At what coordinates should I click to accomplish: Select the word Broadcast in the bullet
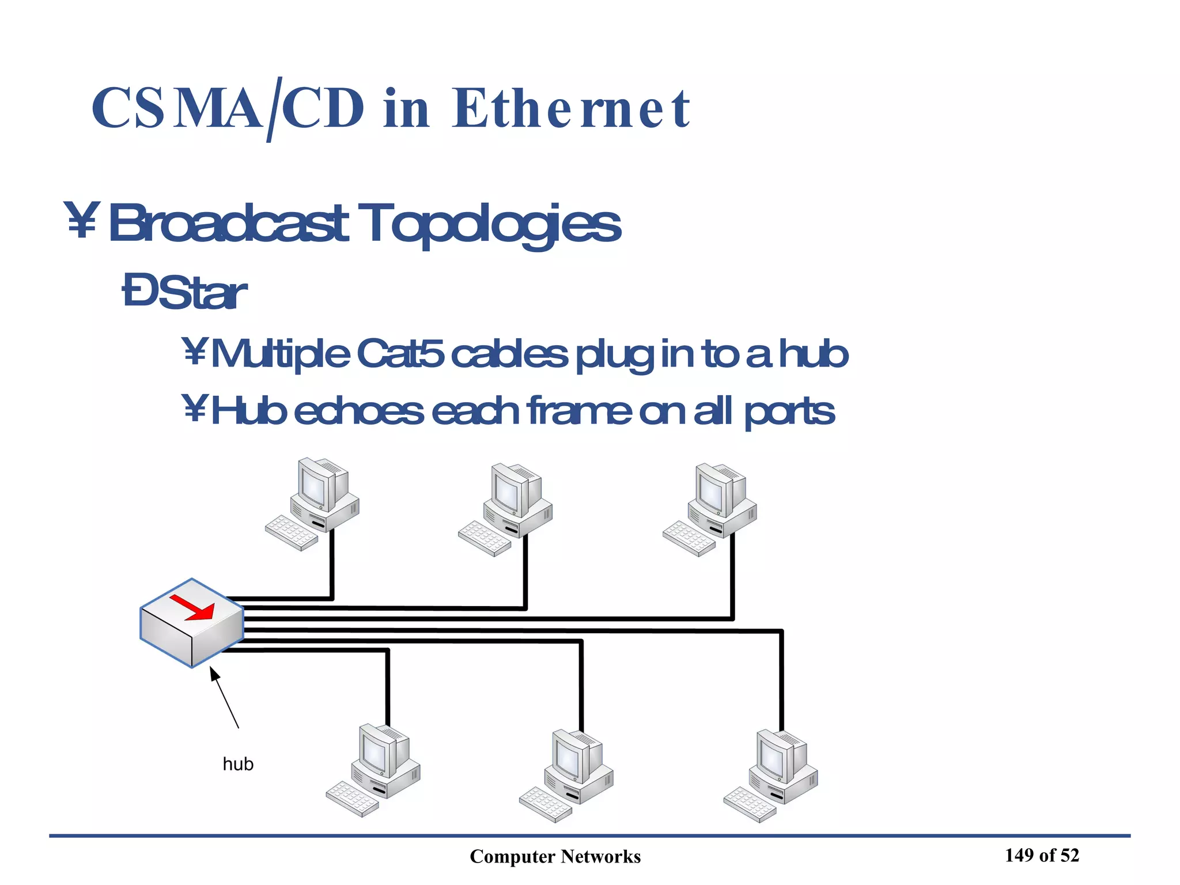228,224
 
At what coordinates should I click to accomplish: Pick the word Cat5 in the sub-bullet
400,354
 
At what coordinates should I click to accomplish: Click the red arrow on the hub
192,607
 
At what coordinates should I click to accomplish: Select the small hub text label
238,764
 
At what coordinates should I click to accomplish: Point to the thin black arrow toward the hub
224,697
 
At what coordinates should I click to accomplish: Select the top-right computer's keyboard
689,538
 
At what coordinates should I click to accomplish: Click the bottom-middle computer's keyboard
545,804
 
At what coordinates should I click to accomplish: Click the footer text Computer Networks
555,857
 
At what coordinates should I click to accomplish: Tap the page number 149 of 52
1042,856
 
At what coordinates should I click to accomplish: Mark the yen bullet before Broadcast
81,220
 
